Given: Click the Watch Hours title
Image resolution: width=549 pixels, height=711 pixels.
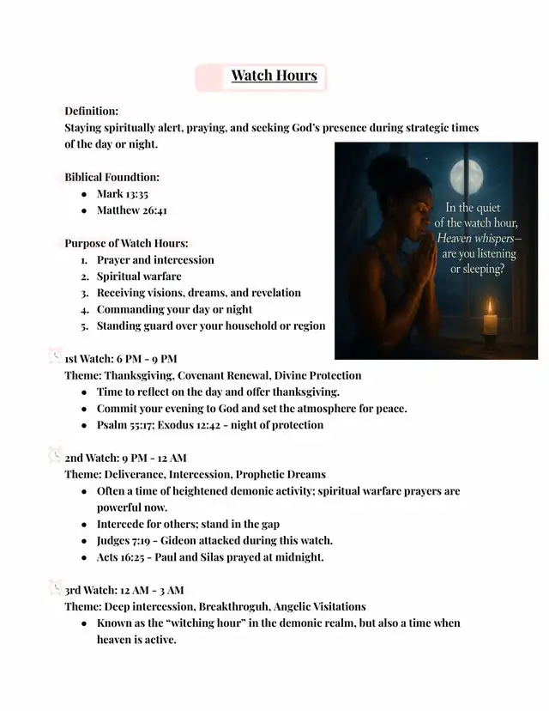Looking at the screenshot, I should pos(274,76).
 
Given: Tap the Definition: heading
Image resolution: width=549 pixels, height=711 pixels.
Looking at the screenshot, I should pos(92,112).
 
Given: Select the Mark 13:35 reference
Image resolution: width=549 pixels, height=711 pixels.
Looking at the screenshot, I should pos(123,194).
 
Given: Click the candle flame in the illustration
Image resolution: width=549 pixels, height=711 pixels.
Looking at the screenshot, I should pos(490,307).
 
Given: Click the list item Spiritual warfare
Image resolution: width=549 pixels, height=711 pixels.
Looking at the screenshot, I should pos(139,276).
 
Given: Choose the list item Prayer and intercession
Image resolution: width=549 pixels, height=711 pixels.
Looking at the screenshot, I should pos(155,260).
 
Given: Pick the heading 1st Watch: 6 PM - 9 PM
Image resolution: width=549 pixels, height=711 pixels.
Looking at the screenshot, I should pos(121,358).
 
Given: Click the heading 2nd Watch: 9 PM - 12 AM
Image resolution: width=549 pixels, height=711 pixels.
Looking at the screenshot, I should pos(126,458).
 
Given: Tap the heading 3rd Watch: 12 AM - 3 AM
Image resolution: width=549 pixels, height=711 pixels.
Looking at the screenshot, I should pos(124,590).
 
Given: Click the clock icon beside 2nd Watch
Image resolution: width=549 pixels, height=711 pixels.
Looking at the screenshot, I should pos(55,455).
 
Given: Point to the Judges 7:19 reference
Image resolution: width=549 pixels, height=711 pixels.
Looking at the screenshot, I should pos(123,540).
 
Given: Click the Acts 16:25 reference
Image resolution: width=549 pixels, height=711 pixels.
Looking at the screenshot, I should pos(119,557).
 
